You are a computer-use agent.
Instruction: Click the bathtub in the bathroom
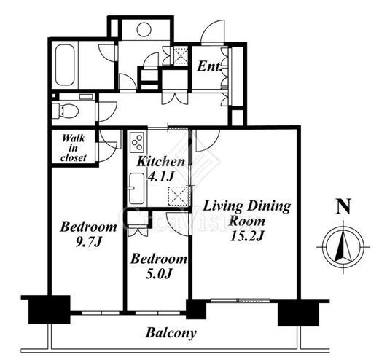[x=65, y=65]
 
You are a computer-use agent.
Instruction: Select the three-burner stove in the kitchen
[x=137, y=142]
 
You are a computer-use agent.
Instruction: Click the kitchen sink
[x=136, y=189]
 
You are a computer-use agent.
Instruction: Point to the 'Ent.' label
[x=210, y=66]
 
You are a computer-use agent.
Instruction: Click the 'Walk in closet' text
[x=74, y=148]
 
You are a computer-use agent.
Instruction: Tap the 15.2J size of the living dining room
[x=247, y=235]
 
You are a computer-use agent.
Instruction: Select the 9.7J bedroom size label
[x=88, y=242]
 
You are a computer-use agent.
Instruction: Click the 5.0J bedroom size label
[x=159, y=274]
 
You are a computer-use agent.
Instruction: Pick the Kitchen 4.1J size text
[x=161, y=177]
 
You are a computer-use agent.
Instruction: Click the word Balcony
[x=171, y=333]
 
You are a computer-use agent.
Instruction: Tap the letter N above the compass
[x=343, y=206]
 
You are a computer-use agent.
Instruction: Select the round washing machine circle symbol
[x=144, y=30]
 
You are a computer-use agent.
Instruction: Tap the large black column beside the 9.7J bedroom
[x=50, y=310]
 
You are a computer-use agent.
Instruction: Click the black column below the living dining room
[x=298, y=313]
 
